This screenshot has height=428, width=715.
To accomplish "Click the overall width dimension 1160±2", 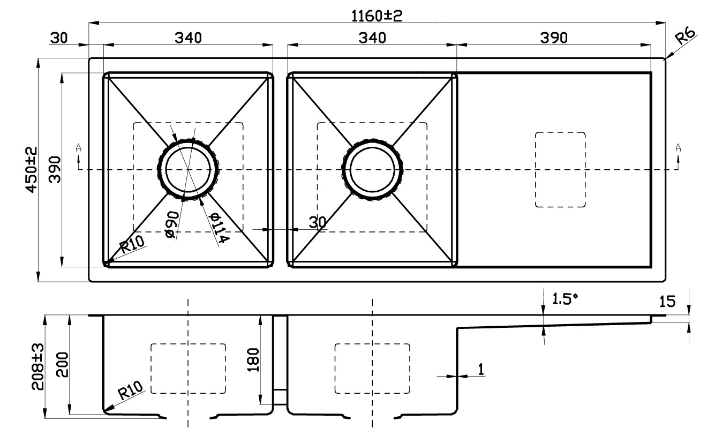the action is tap(377, 16).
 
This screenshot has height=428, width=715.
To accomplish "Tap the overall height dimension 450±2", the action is tap(32, 170).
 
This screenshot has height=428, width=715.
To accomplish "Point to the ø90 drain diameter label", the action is tap(172, 224).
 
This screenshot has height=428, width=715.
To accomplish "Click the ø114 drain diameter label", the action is tap(219, 228).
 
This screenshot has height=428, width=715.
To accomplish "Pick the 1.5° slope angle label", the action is tap(565, 299).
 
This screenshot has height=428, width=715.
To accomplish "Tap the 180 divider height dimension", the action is tap(253, 359).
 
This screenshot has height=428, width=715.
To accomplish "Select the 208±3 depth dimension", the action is tap(38, 366).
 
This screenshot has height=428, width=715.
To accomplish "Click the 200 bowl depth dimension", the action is tap(62, 365).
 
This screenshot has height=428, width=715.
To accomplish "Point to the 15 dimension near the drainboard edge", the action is tap(667, 301).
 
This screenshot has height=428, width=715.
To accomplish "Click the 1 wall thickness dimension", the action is tap(481, 369).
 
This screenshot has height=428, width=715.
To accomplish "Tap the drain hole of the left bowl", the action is tap(189, 169).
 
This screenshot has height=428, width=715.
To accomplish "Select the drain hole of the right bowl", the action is tap(373, 169).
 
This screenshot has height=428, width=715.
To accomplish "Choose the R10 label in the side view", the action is tap(131, 391).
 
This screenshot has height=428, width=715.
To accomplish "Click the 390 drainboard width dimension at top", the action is tap(554, 38).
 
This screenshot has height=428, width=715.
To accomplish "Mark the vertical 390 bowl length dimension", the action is tap(55, 170).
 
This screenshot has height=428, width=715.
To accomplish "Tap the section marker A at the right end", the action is tap(678, 148).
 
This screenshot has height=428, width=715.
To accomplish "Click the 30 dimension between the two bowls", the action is tap(318, 222).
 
